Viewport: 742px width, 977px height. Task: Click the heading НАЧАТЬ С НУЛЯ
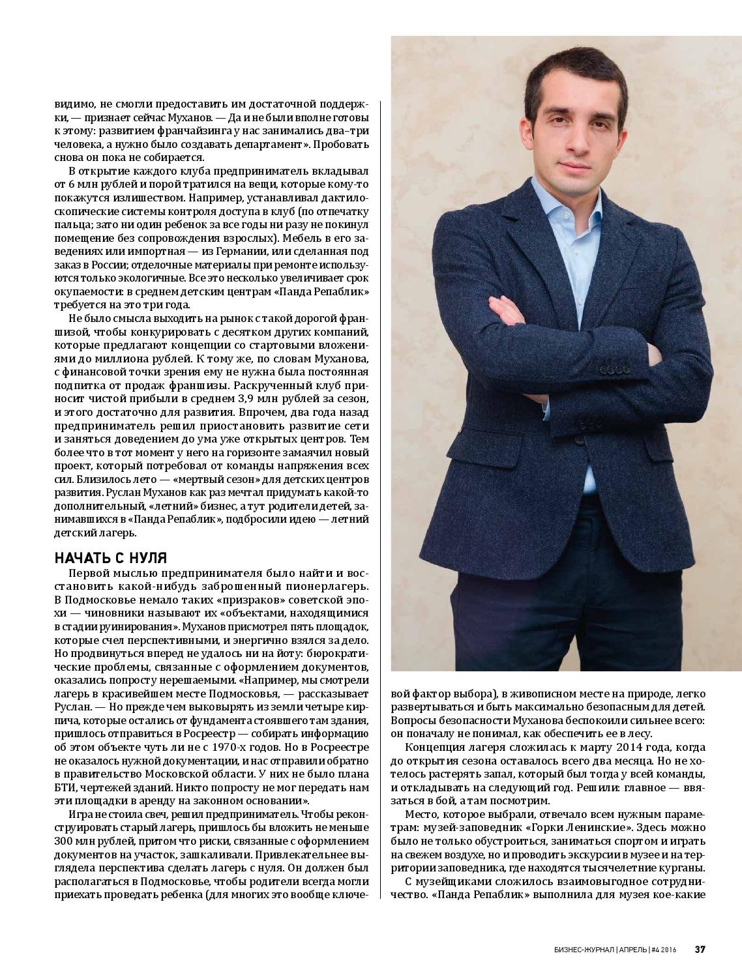click(111, 559)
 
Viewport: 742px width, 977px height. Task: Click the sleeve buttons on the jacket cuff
click(615, 370)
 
